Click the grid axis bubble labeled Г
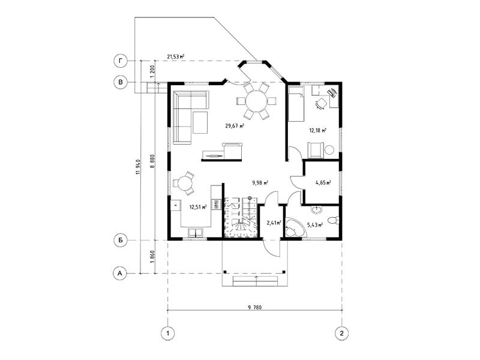tap(121, 62)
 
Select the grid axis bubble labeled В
tap(121, 82)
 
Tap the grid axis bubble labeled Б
tap(121, 241)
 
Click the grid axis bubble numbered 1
tap(168, 333)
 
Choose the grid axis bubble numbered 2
tap(342, 333)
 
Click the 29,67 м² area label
tap(235, 125)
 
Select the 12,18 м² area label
tap(317, 130)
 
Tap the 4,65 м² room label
tap(323, 183)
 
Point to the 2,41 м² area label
tap(274, 223)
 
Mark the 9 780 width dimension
tap(255, 307)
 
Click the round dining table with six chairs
tap(257, 101)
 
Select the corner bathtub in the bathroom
tap(295, 228)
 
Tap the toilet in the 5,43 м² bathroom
tap(333, 220)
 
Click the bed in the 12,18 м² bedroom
tap(296, 104)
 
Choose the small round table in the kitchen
tap(185, 184)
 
